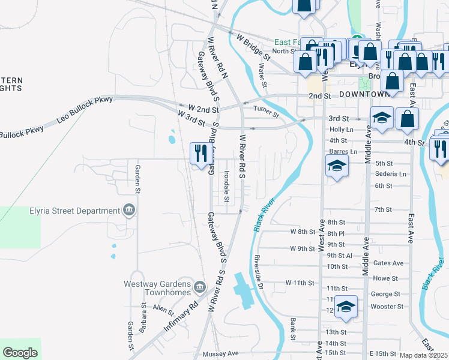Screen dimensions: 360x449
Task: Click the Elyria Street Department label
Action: click(x=75, y=211)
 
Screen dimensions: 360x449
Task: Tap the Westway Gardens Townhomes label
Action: click(x=157, y=288)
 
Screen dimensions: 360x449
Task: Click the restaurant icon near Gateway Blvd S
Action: click(x=199, y=153)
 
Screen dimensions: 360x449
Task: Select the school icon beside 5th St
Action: click(x=337, y=166)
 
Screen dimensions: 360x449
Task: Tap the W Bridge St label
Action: click(x=252, y=46)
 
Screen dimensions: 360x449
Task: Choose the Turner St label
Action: click(x=266, y=111)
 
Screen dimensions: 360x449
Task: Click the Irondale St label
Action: click(x=227, y=185)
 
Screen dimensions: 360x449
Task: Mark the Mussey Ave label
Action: click(x=220, y=353)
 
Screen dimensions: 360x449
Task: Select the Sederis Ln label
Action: click(x=390, y=174)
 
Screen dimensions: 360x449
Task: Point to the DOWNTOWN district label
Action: click(x=364, y=95)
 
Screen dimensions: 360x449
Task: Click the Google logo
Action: click(x=20, y=353)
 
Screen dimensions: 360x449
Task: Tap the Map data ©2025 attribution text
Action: click(x=424, y=355)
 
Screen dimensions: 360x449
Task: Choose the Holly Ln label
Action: click(x=342, y=130)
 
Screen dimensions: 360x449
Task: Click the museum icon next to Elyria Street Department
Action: click(x=128, y=210)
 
